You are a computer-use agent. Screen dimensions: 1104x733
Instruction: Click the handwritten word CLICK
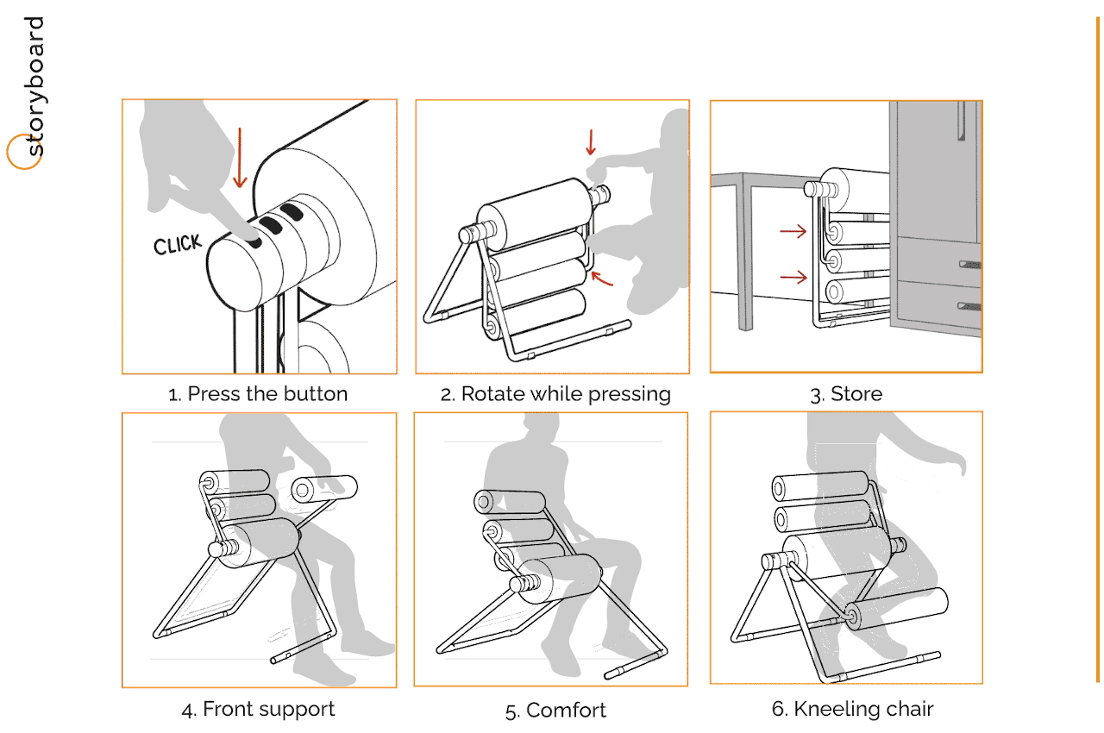pyautogui.click(x=178, y=244)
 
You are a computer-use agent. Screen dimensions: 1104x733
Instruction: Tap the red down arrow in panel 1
pyautogui.click(x=240, y=158)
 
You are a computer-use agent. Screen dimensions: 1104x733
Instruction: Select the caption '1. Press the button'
pyautogui.click(x=258, y=394)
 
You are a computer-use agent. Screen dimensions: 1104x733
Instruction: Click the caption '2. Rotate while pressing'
pyautogui.click(x=555, y=394)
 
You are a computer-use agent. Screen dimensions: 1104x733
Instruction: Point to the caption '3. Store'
pyautogui.click(x=846, y=394)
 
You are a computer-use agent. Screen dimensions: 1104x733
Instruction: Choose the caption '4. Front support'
pyautogui.click(x=258, y=710)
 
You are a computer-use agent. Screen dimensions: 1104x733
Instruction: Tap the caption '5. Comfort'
pyautogui.click(x=555, y=711)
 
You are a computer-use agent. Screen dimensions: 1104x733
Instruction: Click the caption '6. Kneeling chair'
pyautogui.click(x=853, y=709)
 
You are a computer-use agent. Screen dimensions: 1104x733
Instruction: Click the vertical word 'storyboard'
pyautogui.click(x=34, y=86)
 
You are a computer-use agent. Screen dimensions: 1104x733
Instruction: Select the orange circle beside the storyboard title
pyautogui.click(x=23, y=152)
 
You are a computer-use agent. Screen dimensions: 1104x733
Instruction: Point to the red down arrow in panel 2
pyautogui.click(x=591, y=142)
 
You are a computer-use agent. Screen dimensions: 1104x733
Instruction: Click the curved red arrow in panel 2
pyautogui.click(x=601, y=279)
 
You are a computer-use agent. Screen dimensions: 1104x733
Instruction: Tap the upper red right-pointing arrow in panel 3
pyautogui.click(x=793, y=230)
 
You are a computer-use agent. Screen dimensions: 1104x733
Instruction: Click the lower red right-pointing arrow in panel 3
pyautogui.click(x=793, y=278)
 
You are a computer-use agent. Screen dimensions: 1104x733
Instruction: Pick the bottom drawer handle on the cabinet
pyautogui.click(x=969, y=306)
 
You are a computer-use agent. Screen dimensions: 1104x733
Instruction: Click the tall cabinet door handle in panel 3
pyautogui.click(x=961, y=121)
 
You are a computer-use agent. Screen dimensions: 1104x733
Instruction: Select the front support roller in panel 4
pyautogui.click(x=324, y=488)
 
